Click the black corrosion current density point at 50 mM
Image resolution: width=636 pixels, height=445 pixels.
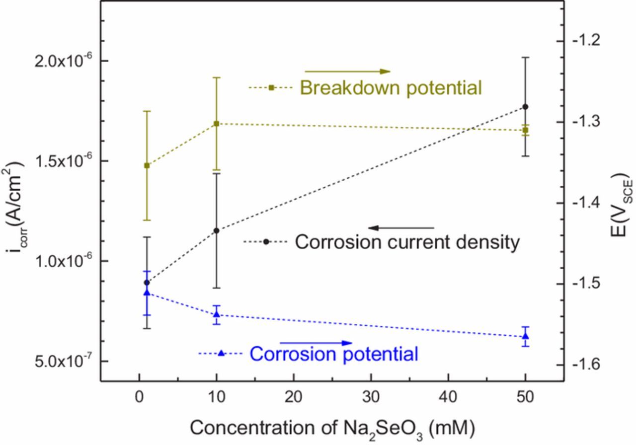tap(526, 107)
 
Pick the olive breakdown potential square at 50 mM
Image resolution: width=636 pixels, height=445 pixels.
tap(526, 130)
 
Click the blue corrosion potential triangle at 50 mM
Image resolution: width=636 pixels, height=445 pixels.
tap(526, 337)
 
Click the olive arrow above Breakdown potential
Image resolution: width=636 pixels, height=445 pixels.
tap(347, 72)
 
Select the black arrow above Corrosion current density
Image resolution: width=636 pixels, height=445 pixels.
tap(401, 228)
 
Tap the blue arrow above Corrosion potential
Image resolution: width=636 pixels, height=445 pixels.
tap(316, 343)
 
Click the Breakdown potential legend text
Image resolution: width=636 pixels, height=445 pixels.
tap(391, 88)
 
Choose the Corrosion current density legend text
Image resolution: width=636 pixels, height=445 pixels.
tap(407, 242)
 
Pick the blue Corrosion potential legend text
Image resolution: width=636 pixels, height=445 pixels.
tap(333, 355)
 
